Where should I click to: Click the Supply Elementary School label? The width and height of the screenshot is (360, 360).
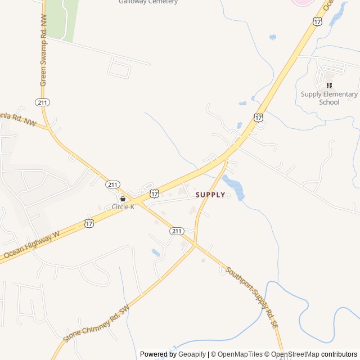click(329, 98)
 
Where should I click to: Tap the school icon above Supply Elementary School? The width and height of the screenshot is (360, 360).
click(329, 85)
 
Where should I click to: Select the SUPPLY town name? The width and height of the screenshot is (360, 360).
click(210, 195)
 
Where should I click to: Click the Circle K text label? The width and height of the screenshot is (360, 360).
click(123, 207)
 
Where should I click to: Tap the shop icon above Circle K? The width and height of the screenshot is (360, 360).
click(123, 199)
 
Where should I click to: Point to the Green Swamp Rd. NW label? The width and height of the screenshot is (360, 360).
click(43, 51)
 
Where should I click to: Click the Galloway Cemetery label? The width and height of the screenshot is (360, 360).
click(148, 2)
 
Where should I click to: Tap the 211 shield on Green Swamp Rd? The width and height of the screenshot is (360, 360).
click(42, 102)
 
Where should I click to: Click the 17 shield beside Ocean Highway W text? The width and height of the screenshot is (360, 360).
click(89, 223)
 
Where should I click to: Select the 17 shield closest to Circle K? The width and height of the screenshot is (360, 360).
click(154, 193)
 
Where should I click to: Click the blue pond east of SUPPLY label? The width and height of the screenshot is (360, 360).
click(234, 187)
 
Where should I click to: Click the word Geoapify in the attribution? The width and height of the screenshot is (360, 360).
click(192, 354)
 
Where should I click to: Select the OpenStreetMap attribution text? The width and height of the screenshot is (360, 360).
click(295, 354)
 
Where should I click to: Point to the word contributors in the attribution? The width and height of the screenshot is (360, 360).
click(339, 354)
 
